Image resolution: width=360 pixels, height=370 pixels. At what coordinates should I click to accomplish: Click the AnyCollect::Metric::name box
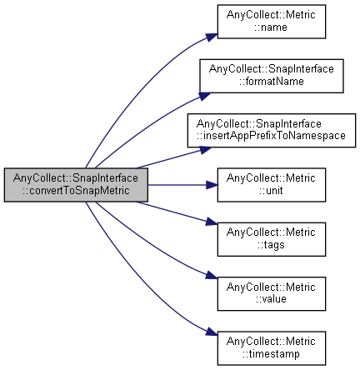(271, 22)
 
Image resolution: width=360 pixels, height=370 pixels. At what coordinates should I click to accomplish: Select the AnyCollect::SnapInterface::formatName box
(272, 76)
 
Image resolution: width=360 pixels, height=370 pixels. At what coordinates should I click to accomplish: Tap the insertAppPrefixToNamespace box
(272, 130)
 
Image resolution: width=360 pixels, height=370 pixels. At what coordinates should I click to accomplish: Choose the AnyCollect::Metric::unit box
(271, 185)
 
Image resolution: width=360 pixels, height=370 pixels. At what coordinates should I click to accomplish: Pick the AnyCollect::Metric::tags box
(271, 239)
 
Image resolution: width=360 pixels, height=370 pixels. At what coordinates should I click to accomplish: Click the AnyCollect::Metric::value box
(271, 293)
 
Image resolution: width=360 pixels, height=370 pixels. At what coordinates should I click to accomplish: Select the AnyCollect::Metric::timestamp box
(271, 348)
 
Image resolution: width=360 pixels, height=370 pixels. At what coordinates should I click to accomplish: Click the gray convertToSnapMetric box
(76, 185)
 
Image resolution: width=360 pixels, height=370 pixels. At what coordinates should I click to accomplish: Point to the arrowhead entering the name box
(212, 37)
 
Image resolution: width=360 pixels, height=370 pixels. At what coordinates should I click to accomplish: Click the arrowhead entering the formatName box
(205, 96)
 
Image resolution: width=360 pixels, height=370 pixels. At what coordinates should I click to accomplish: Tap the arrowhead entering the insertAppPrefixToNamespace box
(206, 150)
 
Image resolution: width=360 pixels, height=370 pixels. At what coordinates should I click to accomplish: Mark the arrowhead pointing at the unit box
(212, 185)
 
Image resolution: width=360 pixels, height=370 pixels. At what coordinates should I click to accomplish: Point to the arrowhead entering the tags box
(211, 222)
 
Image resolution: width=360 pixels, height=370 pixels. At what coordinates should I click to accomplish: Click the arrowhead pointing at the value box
(212, 275)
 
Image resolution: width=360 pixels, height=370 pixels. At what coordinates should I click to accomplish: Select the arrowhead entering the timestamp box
(212, 332)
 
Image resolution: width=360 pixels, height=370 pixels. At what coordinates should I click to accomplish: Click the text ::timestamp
(271, 354)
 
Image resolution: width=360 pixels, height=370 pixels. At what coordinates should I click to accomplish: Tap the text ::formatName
(272, 82)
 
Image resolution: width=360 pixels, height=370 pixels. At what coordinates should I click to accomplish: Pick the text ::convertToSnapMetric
(76, 191)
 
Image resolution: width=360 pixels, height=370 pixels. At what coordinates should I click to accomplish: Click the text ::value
(271, 299)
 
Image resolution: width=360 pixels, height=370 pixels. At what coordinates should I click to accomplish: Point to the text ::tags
(271, 245)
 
